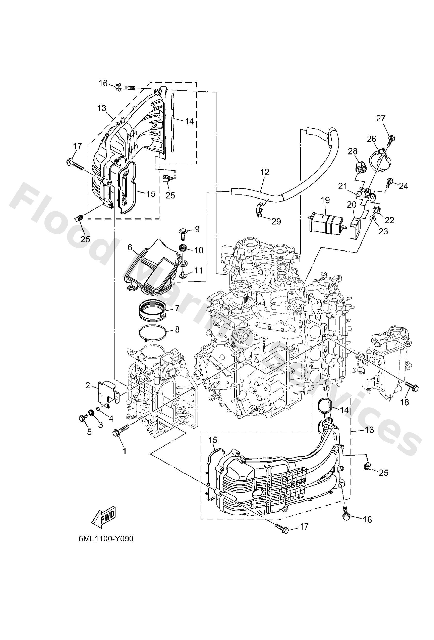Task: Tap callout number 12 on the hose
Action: (x=265, y=173)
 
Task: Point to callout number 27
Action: (x=381, y=118)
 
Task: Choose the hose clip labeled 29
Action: (x=259, y=211)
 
